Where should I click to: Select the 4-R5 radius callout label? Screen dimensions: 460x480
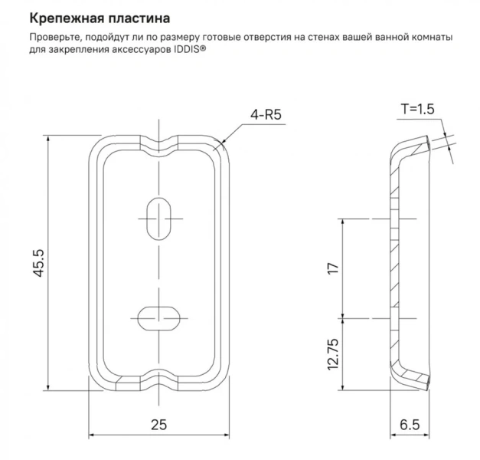point(266,115)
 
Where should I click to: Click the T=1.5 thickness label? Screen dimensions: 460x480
point(417,109)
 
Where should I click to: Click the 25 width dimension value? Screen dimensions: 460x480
point(158,423)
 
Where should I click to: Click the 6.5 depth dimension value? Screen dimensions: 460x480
point(410,423)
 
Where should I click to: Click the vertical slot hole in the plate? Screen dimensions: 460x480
point(159,219)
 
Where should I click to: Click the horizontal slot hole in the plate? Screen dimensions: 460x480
point(159,316)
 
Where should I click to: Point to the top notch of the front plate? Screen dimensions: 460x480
point(159,143)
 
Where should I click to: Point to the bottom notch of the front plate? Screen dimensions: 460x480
point(159,383)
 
